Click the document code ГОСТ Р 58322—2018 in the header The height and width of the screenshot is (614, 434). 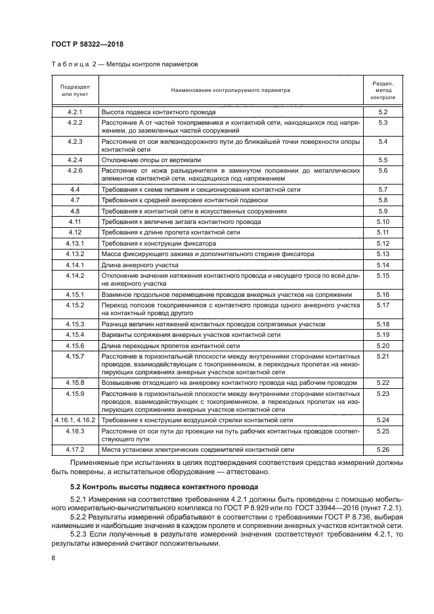pyautogui.click(x=87, y=44)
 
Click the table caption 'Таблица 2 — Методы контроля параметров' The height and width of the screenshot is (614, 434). pyautogui.click(x=124, y=64)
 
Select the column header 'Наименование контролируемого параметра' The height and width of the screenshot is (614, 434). pyautogui.click(x=230, y=89)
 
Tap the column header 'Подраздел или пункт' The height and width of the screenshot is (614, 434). pyautogui.click(x=75, y=90)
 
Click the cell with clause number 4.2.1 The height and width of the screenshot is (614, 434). pyautogui.click(x=75, y=112)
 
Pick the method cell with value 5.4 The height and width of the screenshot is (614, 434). pyautogui.click(x=383, y=142)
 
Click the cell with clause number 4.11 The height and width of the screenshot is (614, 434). pyautogui.click(x=75, y=222)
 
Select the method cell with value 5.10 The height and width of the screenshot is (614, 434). pyautogui.click(x=383, y=222)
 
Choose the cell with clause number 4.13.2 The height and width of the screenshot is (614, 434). pyautogui.click(x=75, y=253)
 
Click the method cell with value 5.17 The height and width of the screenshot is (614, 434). pyautogui.click(x=383, y=305)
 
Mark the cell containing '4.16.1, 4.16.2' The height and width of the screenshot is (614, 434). pyautogui.click(x=75, y=419)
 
